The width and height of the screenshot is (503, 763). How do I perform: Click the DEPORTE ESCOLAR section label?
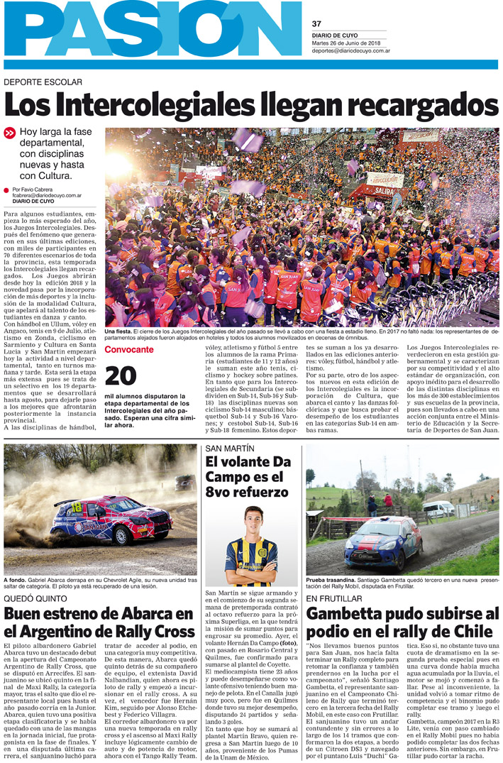coord(43,82)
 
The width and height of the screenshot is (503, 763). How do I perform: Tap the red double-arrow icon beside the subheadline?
coord(10,132)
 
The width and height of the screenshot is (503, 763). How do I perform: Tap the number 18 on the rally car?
coord(77,505)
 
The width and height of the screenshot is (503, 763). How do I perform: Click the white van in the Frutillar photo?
coord(438,508)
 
